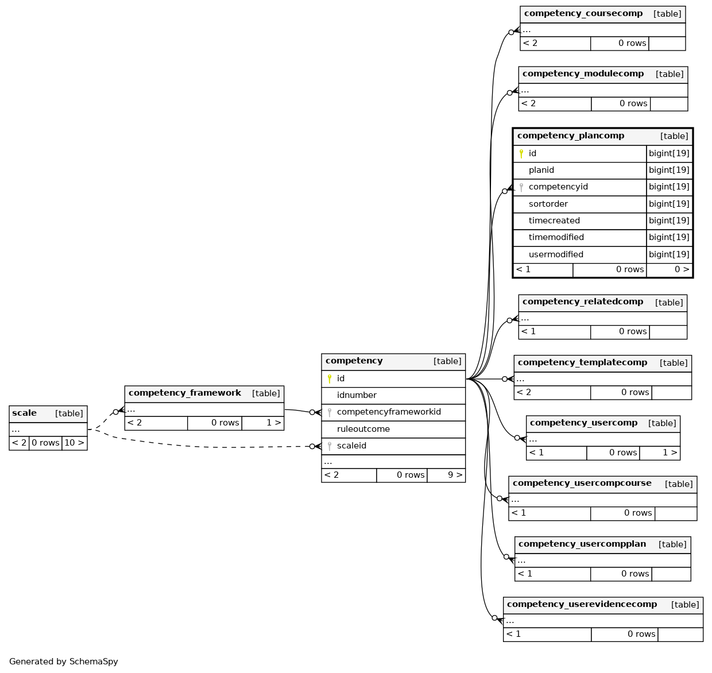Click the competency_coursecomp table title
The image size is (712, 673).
tap(583, 14)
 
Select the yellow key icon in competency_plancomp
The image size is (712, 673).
tap(521, 153)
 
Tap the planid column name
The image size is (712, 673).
tap(541, 170)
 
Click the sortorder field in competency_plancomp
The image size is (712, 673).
tap(548, 204)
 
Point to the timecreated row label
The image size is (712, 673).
tap(554, 221)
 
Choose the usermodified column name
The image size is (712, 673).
tap(556, 254)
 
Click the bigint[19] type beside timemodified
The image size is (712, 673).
tap(669, 237)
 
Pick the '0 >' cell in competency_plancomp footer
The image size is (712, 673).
tap(682, 269)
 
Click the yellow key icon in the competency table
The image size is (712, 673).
tap(329, 378)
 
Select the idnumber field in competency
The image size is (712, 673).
tap(357, 395)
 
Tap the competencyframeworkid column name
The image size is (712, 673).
tap(389, 412)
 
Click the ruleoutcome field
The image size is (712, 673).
tap(363, 429)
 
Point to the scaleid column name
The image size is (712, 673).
tap(351, 446)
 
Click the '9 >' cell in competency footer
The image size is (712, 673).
tap(455, 475)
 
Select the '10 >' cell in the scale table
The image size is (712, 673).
tap(74, 443)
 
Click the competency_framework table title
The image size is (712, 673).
tap(185, 393)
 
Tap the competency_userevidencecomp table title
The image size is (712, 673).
tap(582, 604)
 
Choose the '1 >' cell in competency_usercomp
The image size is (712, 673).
tap(670, 452)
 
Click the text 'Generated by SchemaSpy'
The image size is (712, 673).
tap(63, 662)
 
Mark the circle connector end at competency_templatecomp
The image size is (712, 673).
tap(505, 379)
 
